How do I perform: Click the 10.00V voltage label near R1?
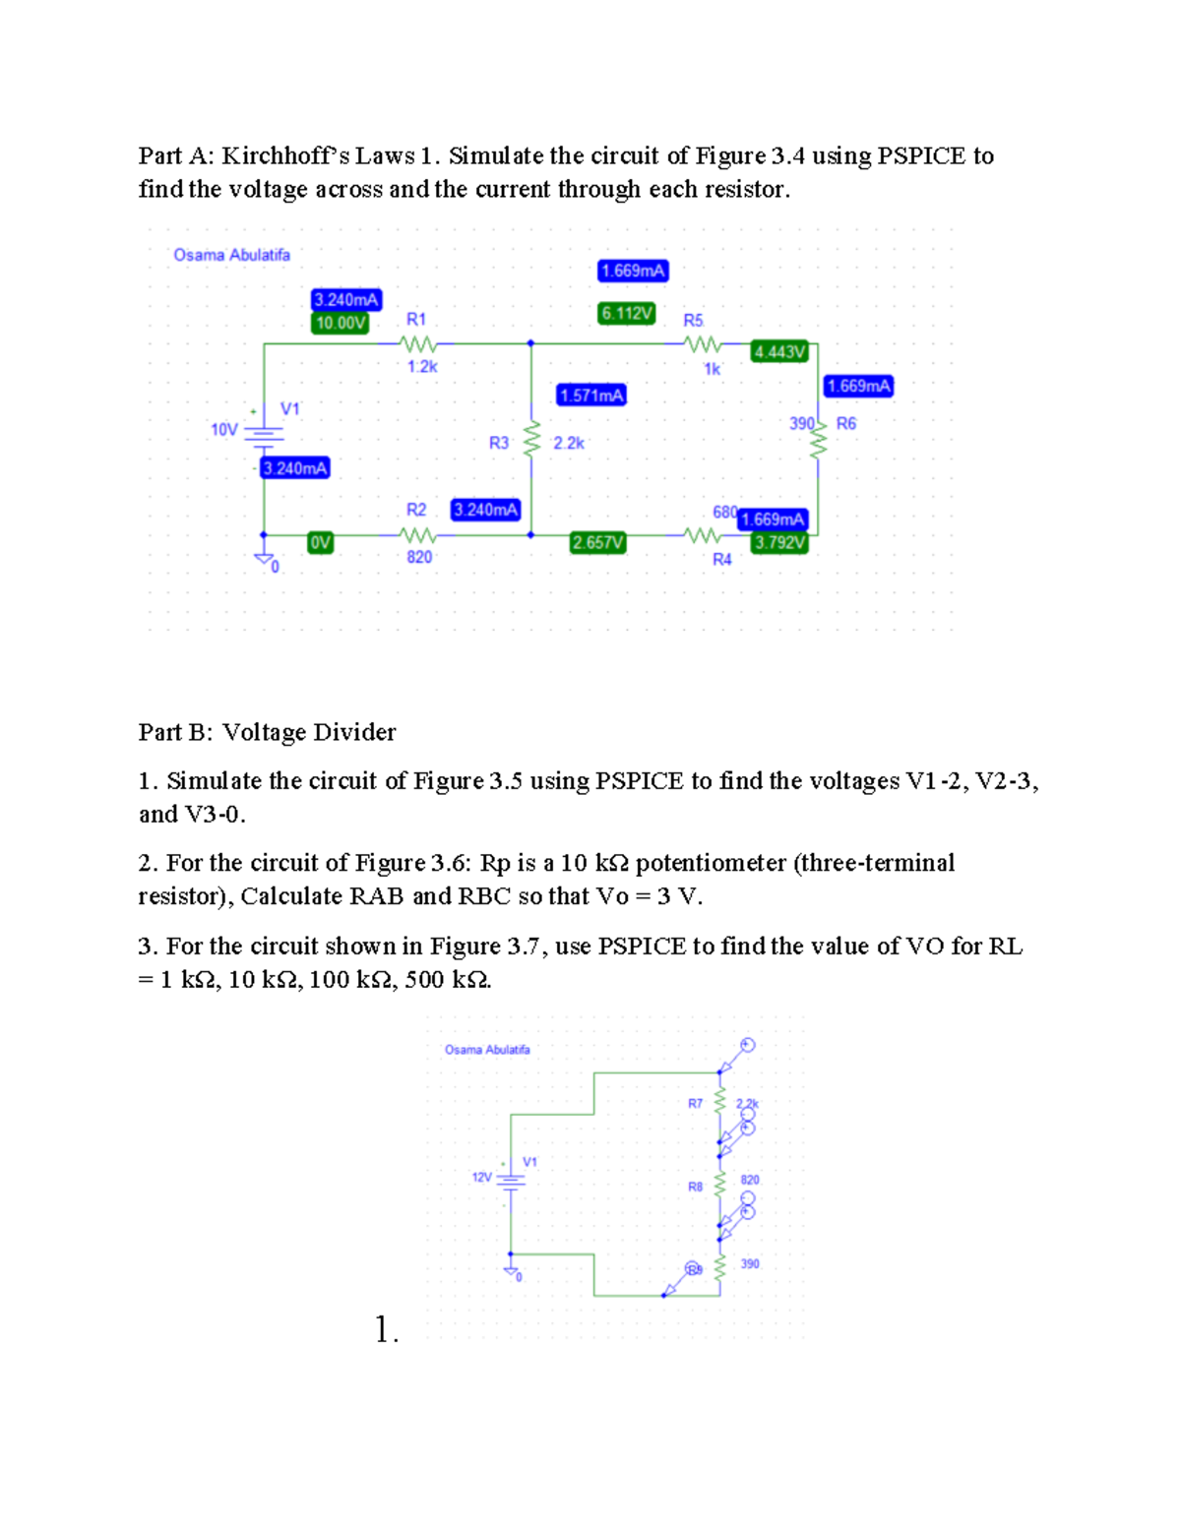pos(340,323)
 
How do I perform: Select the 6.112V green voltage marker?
pos(627,313)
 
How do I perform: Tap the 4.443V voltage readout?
pos(779,351)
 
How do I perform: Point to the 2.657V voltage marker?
pos(597,542)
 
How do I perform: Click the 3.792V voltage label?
pos(779,542)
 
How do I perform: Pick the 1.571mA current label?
pos(591,395)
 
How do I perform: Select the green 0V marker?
pos(320,542)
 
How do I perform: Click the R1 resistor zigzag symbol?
pos(417,344)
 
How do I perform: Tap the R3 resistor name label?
pos(499,443)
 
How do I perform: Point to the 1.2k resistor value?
pos(422,366)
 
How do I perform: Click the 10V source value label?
pos(224,429)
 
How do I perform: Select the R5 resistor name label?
pos(693,321)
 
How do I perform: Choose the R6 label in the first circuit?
pos(846,423)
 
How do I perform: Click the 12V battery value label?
pos(481,1177)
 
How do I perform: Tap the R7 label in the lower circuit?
pos(695,1103)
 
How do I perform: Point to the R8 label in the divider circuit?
pos(695,1187)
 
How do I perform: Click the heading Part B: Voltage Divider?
pos(267,732)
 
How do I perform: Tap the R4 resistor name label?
pos(722,559)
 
